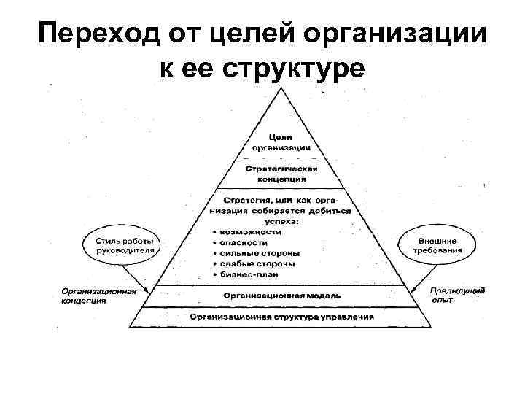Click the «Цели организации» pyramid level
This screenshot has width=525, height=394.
tap(281, 142)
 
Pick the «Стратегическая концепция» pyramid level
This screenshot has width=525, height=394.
tap(281, 173)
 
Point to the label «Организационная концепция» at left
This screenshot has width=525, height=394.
tap(98, 294)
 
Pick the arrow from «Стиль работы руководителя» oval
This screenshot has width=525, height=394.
tap(134, 277)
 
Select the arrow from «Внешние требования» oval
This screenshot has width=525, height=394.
tap(427, 277)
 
